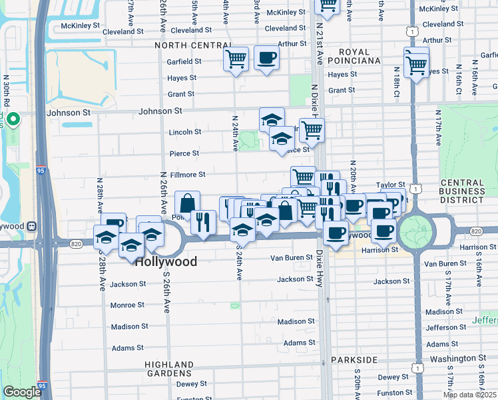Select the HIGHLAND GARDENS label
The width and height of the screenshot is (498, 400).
(x=169, y=369)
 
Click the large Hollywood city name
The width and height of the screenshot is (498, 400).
(x=166, y=262)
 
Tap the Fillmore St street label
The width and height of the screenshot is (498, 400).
(x=188, y=175)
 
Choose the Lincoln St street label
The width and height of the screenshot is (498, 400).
(x=184, y=132)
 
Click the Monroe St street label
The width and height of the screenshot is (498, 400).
(x=127, y=305)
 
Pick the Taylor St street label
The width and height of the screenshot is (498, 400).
(x=391, y=185)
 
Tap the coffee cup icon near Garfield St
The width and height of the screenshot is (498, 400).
(x=266, y=58)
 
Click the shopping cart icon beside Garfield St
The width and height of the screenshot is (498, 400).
(x=236, y=59)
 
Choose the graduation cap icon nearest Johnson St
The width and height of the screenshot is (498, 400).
(x=272, y=120)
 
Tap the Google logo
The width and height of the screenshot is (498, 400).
(x=22, y=392)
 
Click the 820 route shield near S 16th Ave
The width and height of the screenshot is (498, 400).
(x=475, y=231)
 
